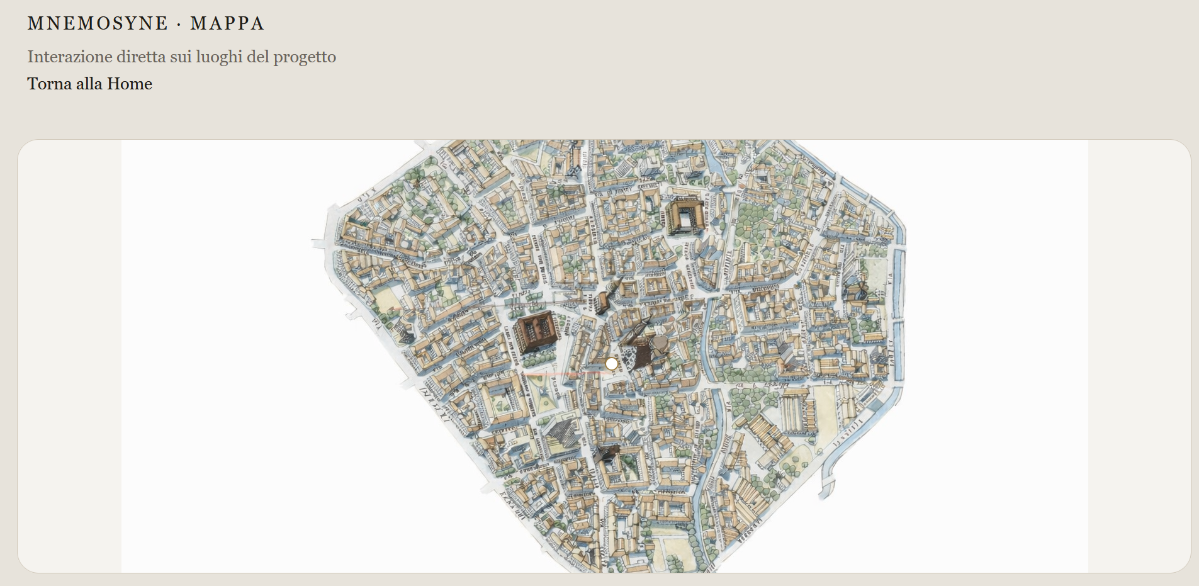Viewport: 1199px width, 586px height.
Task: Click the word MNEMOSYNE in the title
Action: coord(98,23)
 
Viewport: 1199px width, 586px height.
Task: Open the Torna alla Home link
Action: coord(89,84)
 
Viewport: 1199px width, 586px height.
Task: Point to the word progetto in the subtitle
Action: coord(304,57)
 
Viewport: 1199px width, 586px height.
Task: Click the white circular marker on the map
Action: coord(611,364)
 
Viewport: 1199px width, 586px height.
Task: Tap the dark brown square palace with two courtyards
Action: coord(536,331)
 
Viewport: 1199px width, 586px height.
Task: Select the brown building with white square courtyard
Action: coord(684,217)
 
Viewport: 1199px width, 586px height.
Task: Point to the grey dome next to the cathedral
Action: coord(660,344)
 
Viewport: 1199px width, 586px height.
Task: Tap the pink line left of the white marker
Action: coord(563,374)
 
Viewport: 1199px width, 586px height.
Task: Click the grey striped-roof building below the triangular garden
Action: coord(562,434)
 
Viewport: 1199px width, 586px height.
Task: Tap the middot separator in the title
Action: coord(179,24)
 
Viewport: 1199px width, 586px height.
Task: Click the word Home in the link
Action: coord(130,84)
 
